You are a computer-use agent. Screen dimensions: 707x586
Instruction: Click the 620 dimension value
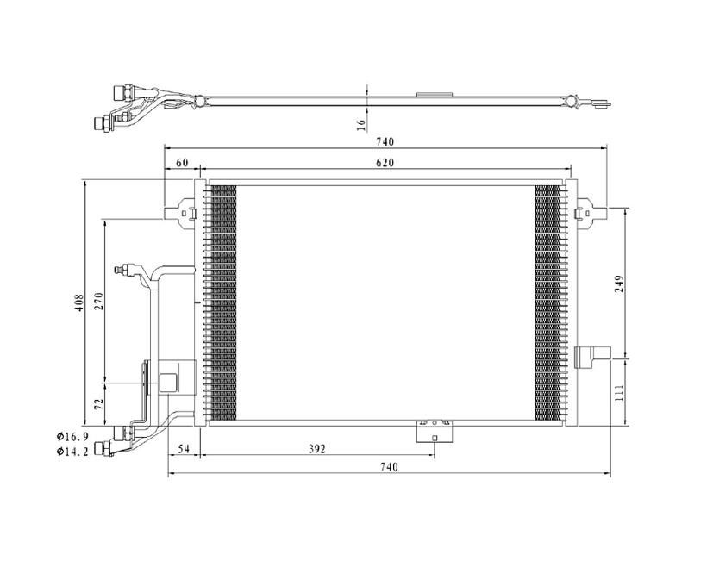[x=385, y=163]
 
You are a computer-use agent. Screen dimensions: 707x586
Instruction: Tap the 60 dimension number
[x=182, y=163]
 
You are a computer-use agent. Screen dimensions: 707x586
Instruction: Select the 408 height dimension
[x=79, y=303]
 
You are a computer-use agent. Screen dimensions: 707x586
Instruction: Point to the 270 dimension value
[x=99, y=301]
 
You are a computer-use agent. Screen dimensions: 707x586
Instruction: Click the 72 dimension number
[x=100, y=403]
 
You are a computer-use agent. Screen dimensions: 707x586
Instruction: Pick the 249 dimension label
[x=619, y=284]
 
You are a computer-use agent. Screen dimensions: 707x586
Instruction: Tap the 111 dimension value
[x=619, y=393]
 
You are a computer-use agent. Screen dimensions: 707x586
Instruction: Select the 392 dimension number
[x=316, y=448]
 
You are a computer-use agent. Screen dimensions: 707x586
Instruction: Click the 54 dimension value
[x=183, y=448]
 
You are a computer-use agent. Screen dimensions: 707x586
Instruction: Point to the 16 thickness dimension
[x=361, y=125]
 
